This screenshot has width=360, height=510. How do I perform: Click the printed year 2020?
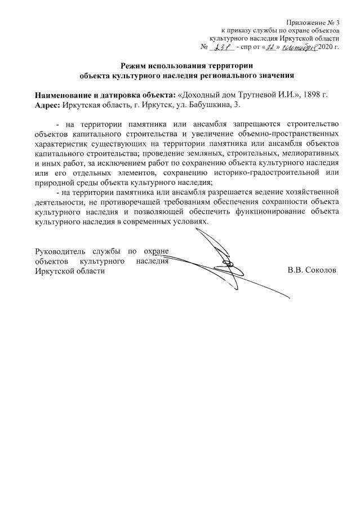326,46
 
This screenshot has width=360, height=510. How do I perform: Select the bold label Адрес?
48,104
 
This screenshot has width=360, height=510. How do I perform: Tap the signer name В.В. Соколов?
311,270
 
